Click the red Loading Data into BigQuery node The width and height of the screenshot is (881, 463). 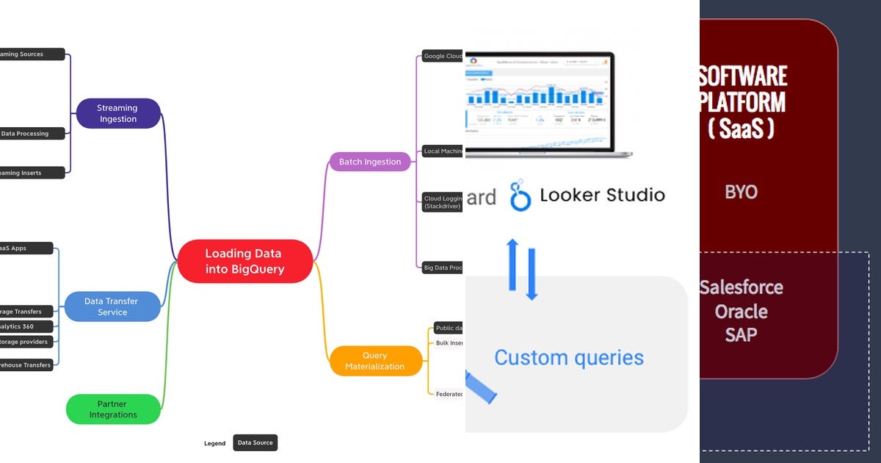(244, 262)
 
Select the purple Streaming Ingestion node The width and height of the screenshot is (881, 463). (117, 113)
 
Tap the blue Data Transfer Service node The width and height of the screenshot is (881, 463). (112, 306)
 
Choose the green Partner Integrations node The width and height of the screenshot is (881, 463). (113, 409)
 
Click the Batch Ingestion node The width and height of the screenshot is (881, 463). (369, 162)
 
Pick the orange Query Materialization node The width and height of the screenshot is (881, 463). (375, 361)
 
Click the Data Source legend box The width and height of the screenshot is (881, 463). (255, 442)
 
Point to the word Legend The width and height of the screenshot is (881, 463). (215, 443)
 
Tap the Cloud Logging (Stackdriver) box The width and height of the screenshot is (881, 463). (442, 202)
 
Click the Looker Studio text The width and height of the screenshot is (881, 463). (602, 195)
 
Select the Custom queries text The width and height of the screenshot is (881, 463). (568, 358)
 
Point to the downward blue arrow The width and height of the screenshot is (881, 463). (532, 274)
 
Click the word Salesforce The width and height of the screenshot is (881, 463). (741, 287)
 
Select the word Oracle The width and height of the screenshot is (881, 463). (741, 311)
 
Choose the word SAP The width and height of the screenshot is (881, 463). (741, 334)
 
